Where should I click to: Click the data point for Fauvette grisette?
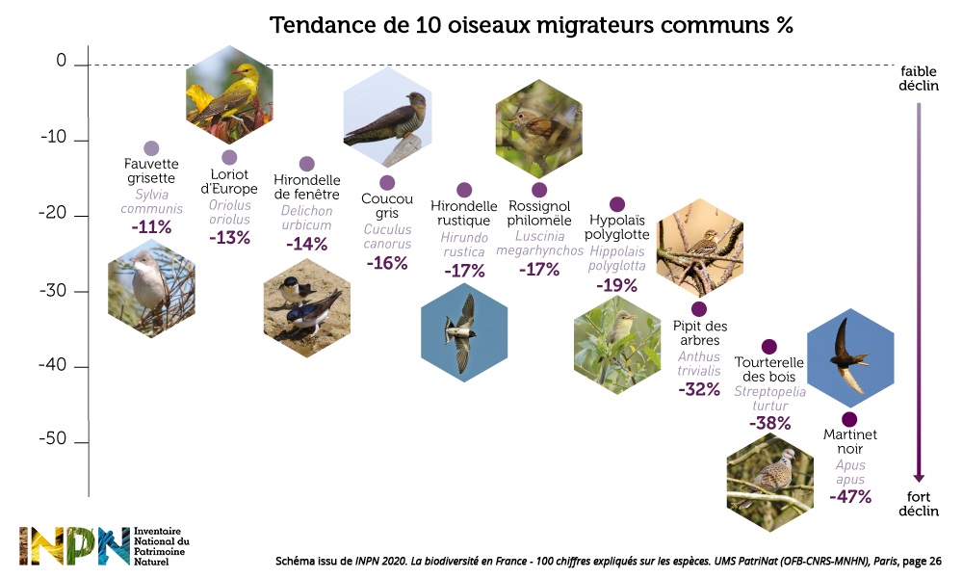(151, 148)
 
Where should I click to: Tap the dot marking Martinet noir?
(849, 420)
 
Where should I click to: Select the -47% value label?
(850, 497)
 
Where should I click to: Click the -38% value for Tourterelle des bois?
(769, 423)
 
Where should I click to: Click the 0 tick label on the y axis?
(61, 63)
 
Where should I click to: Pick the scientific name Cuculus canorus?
(387, 237)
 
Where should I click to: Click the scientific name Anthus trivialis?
(699, 364)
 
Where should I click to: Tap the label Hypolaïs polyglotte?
(617, 228)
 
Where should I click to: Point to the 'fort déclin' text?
(919, 504)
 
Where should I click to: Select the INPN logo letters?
(73, 546)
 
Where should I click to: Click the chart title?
(531, 25)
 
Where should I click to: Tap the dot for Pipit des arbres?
(699, 309)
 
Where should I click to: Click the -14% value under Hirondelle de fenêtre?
(307, 244)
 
